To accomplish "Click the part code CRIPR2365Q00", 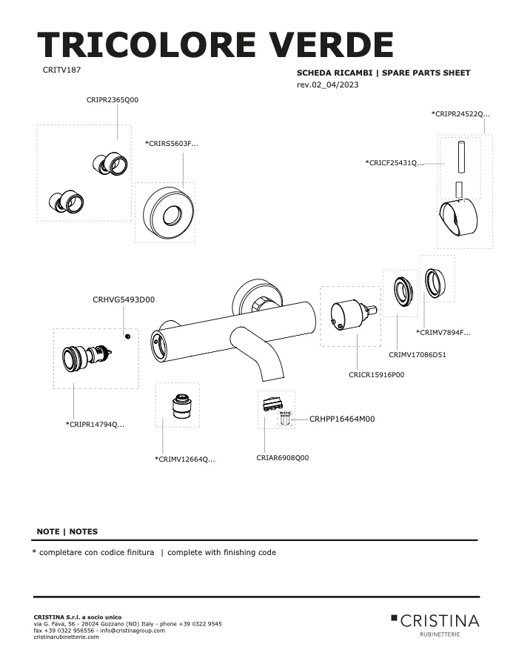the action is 113,100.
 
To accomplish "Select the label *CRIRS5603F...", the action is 172,143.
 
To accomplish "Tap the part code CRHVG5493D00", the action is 124,299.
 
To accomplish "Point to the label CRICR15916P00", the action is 376,375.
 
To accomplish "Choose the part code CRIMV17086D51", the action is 418,355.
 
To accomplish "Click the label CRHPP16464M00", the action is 342,419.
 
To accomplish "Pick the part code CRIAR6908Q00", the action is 283,458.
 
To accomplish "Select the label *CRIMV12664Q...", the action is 185,459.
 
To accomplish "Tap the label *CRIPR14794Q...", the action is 96,424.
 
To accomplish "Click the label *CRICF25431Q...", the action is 395,162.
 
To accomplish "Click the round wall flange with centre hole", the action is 169,213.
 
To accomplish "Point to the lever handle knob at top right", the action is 458,217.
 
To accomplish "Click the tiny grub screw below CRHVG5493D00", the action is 127,337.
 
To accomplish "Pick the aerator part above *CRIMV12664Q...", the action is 182,407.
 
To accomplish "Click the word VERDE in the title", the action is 329,44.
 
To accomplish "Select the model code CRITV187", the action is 61,70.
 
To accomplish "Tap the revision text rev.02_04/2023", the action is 328,84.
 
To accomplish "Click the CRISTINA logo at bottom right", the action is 435,625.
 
